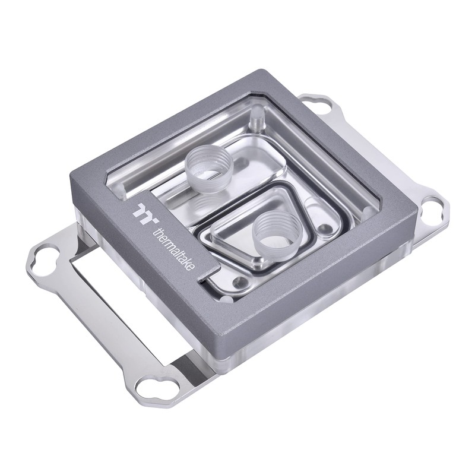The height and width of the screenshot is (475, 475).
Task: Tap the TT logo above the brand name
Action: (x=145, y=213)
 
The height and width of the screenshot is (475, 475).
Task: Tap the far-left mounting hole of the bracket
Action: (x=42, y=261)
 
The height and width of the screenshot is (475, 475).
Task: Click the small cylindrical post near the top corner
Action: (x=256, y=121)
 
